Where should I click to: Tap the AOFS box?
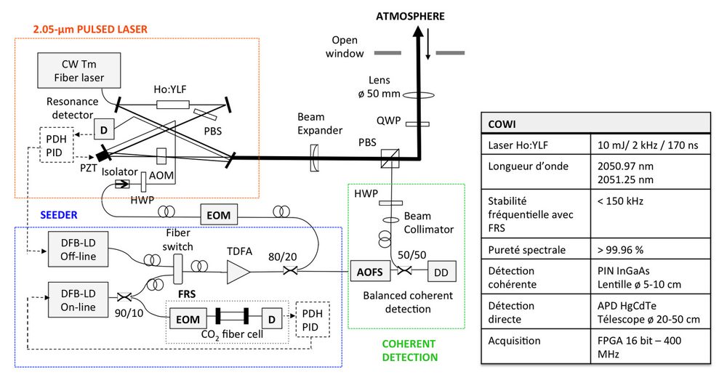pyautogui.click(x=366, y=272)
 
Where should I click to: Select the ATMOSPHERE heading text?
pyautogui.click(x=411, y=15)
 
